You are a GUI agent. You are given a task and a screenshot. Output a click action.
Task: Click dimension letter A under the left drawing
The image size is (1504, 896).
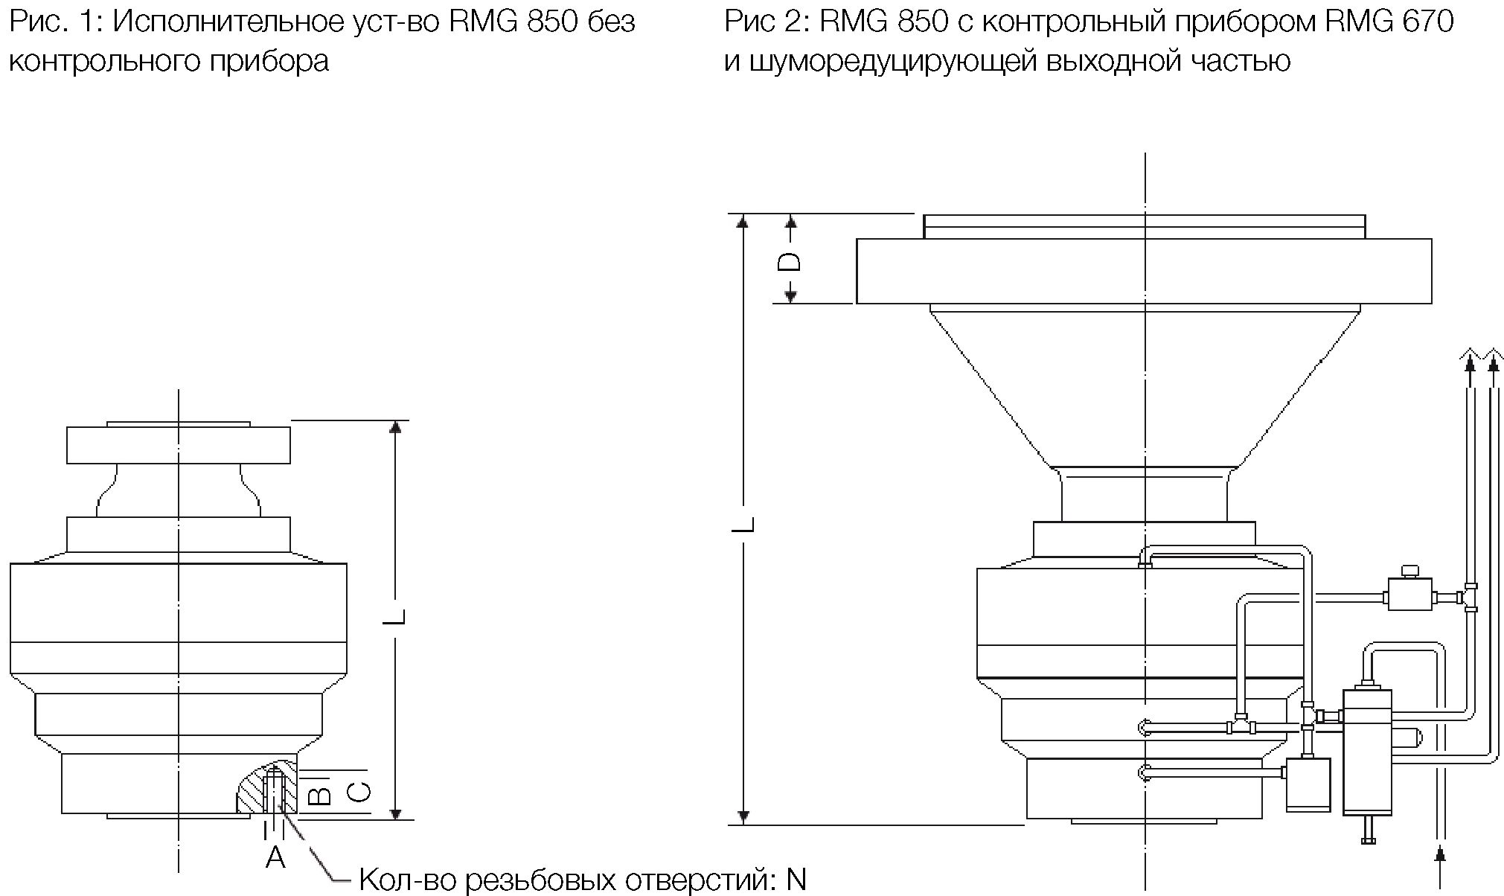tap(275, 857)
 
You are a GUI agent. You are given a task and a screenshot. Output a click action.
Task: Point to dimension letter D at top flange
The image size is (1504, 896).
tap(790, 261)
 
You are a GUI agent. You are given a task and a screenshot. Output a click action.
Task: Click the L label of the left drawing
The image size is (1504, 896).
tap(397, 617)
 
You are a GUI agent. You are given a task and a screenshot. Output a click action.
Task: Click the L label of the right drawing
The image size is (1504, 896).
tap(743, 524)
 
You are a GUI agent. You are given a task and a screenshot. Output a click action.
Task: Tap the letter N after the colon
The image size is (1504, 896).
tap(796, 880)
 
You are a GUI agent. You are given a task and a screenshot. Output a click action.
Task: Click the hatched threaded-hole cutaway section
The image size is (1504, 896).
tap(267, 789)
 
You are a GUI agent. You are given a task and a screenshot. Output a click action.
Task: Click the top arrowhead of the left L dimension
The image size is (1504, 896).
tap(396, 426)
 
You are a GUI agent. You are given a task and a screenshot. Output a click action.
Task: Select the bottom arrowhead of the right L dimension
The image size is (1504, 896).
tap(743, 817)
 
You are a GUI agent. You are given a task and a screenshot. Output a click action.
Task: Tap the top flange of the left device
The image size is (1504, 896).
tap(179, 445)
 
